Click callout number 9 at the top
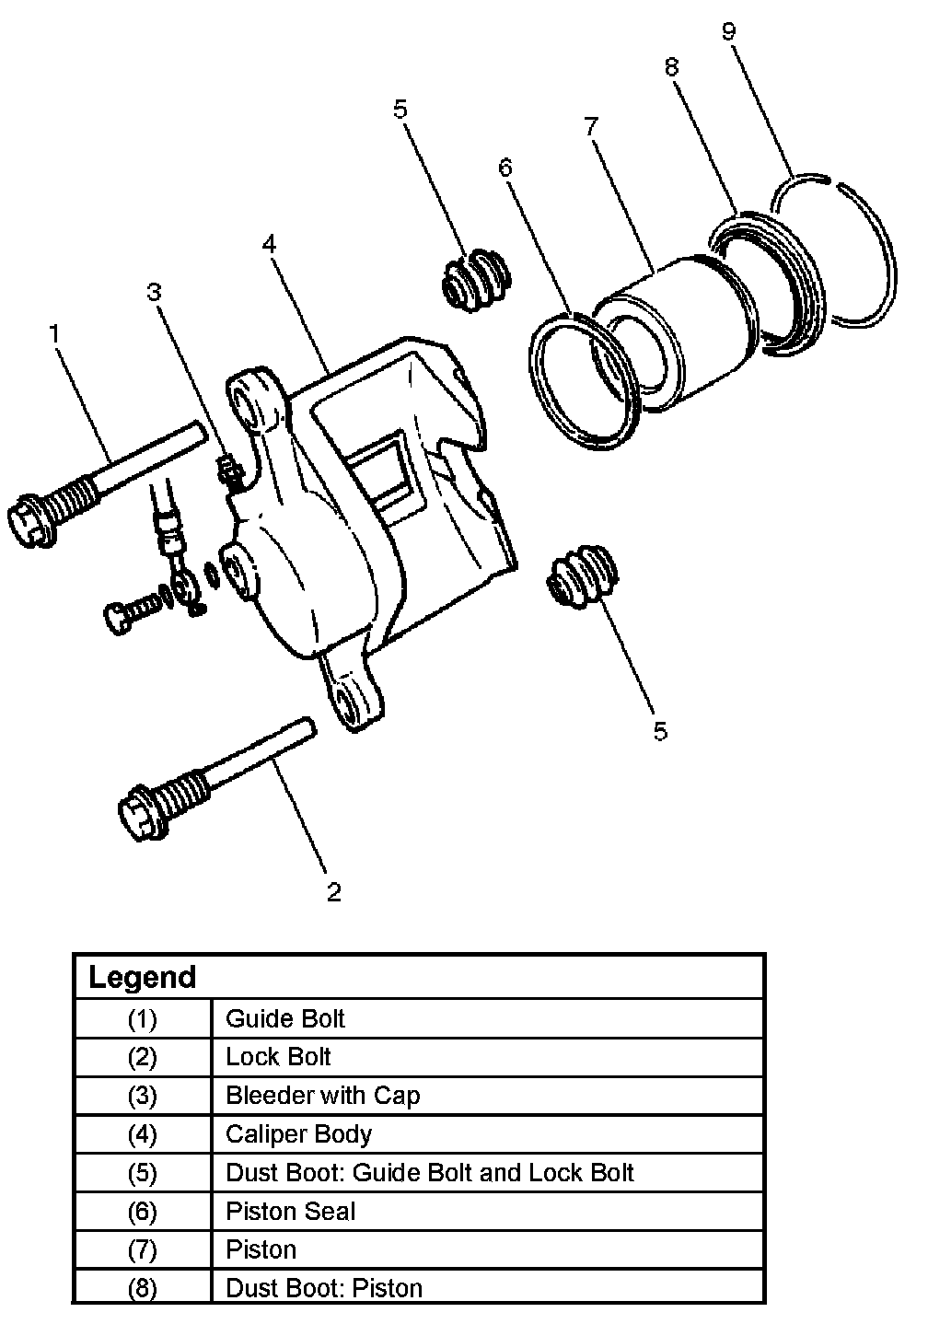728,32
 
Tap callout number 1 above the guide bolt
55,333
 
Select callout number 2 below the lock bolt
333,891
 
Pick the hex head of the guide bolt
35,520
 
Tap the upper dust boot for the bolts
476,278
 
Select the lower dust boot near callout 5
582,576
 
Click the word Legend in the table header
143,977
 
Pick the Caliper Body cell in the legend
298,1134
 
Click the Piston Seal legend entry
290,1212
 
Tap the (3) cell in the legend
142,1096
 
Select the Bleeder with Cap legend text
322,1096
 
